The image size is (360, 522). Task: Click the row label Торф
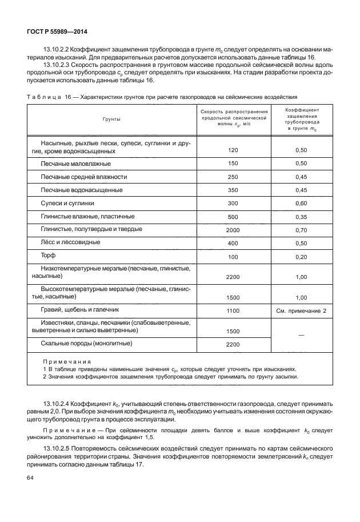coord(49,256)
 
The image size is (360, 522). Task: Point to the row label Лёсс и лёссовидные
coord(70,242)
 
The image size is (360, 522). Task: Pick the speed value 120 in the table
coord(232,150)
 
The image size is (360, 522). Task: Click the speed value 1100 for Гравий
coord(232,310)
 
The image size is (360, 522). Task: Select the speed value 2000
coord(232,230)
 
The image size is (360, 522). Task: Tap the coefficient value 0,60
coord(302,203)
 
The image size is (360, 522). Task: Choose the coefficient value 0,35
coord(302,217)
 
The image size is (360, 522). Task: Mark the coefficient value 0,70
coord(302,230)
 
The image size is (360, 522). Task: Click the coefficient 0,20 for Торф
coord(302,257)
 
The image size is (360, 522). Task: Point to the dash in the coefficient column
coord(301,333)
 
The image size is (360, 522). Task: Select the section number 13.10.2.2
coord(62,50)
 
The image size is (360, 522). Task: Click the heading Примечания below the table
coord(67,362)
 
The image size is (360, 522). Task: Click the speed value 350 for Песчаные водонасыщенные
coord(232,190)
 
